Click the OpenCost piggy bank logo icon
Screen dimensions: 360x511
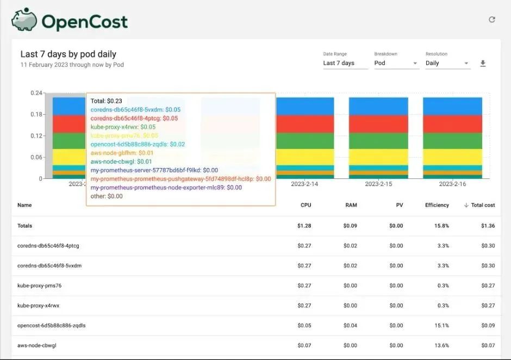coord(24,20)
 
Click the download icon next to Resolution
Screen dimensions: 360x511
coord(483,64)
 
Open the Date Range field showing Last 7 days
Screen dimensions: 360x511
coord(345,63)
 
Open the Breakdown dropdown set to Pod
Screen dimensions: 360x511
coord(396,63)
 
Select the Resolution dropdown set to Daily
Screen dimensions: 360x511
coord(447,63)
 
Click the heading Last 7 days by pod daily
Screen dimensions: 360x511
coord(68,54)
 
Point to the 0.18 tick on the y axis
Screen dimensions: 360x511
coord(36,114)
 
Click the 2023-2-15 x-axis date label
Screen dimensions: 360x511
coord(379,184)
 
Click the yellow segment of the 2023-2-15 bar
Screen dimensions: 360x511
coord(378,157)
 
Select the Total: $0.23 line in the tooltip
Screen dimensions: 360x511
coord(107,101)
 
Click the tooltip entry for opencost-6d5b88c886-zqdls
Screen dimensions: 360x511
coord(138,144)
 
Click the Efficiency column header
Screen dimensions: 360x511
coord(437,205)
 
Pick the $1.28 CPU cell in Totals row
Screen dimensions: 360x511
coord(304,226)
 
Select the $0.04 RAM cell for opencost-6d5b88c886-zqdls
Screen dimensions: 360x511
coord(350,326)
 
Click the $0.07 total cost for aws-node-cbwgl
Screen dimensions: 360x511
coord(488,345)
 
